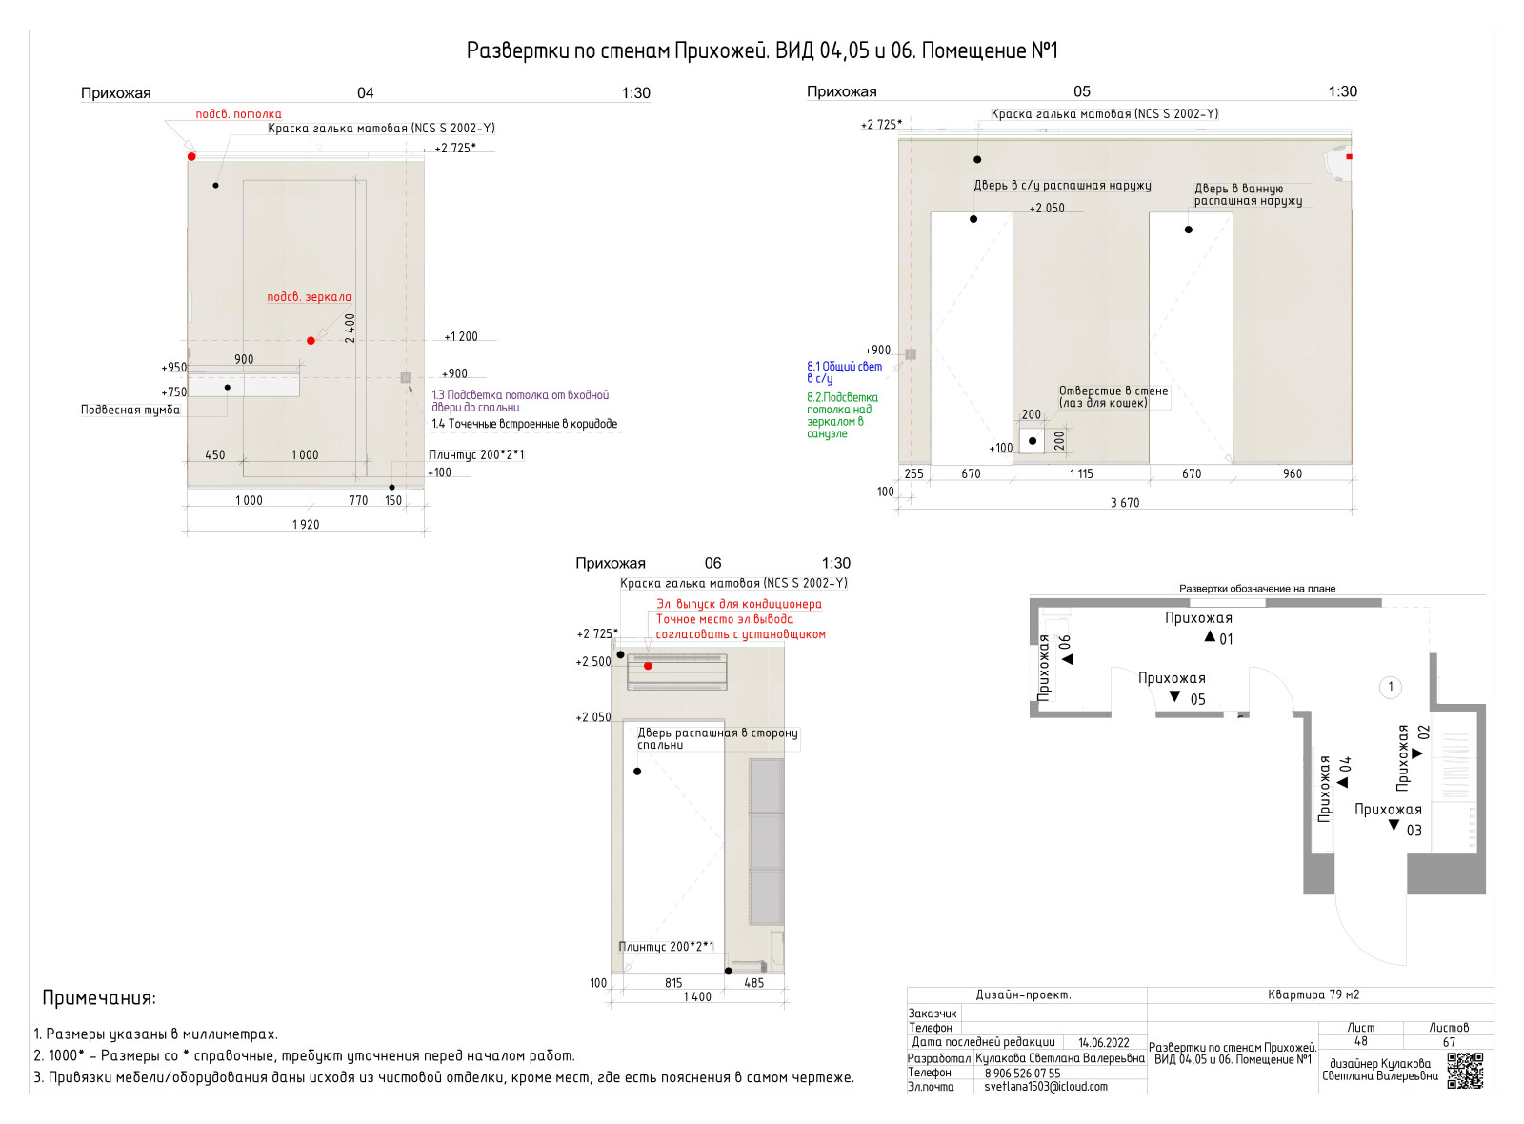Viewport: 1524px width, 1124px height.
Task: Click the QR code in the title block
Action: [1465, 1071]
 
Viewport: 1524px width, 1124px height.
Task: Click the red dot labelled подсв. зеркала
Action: [311, 340]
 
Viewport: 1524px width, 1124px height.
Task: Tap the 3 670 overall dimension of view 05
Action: [1124, 503]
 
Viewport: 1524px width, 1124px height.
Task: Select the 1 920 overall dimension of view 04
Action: [306, 525]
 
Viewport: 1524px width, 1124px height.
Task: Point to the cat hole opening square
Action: [1033, 441]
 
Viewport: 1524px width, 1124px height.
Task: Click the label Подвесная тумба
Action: [130, 410]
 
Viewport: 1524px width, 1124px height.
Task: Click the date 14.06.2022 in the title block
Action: [1103, 1042]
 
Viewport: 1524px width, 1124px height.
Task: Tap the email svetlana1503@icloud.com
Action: [1045, 1086]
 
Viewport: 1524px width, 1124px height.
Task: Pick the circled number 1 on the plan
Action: [1390, 687]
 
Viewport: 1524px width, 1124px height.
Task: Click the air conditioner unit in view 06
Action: [677, 672]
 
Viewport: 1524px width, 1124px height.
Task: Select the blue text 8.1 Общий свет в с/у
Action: [844, 372]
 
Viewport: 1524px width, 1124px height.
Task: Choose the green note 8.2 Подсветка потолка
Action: [842, 415]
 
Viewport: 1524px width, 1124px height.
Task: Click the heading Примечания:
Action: [99, 998]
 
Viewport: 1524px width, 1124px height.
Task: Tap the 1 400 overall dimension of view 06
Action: [697, 996]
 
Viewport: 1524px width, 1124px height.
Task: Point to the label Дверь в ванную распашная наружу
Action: [1248, 194]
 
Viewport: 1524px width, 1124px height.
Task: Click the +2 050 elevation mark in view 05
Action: [1047, 208]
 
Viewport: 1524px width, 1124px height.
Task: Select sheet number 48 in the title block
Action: [1360, 1041]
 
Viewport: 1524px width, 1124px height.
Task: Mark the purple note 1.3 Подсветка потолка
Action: [520, 401]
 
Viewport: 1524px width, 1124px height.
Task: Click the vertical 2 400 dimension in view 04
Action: [350, 328]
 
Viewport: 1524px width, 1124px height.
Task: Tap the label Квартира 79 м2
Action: [1313, 994]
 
